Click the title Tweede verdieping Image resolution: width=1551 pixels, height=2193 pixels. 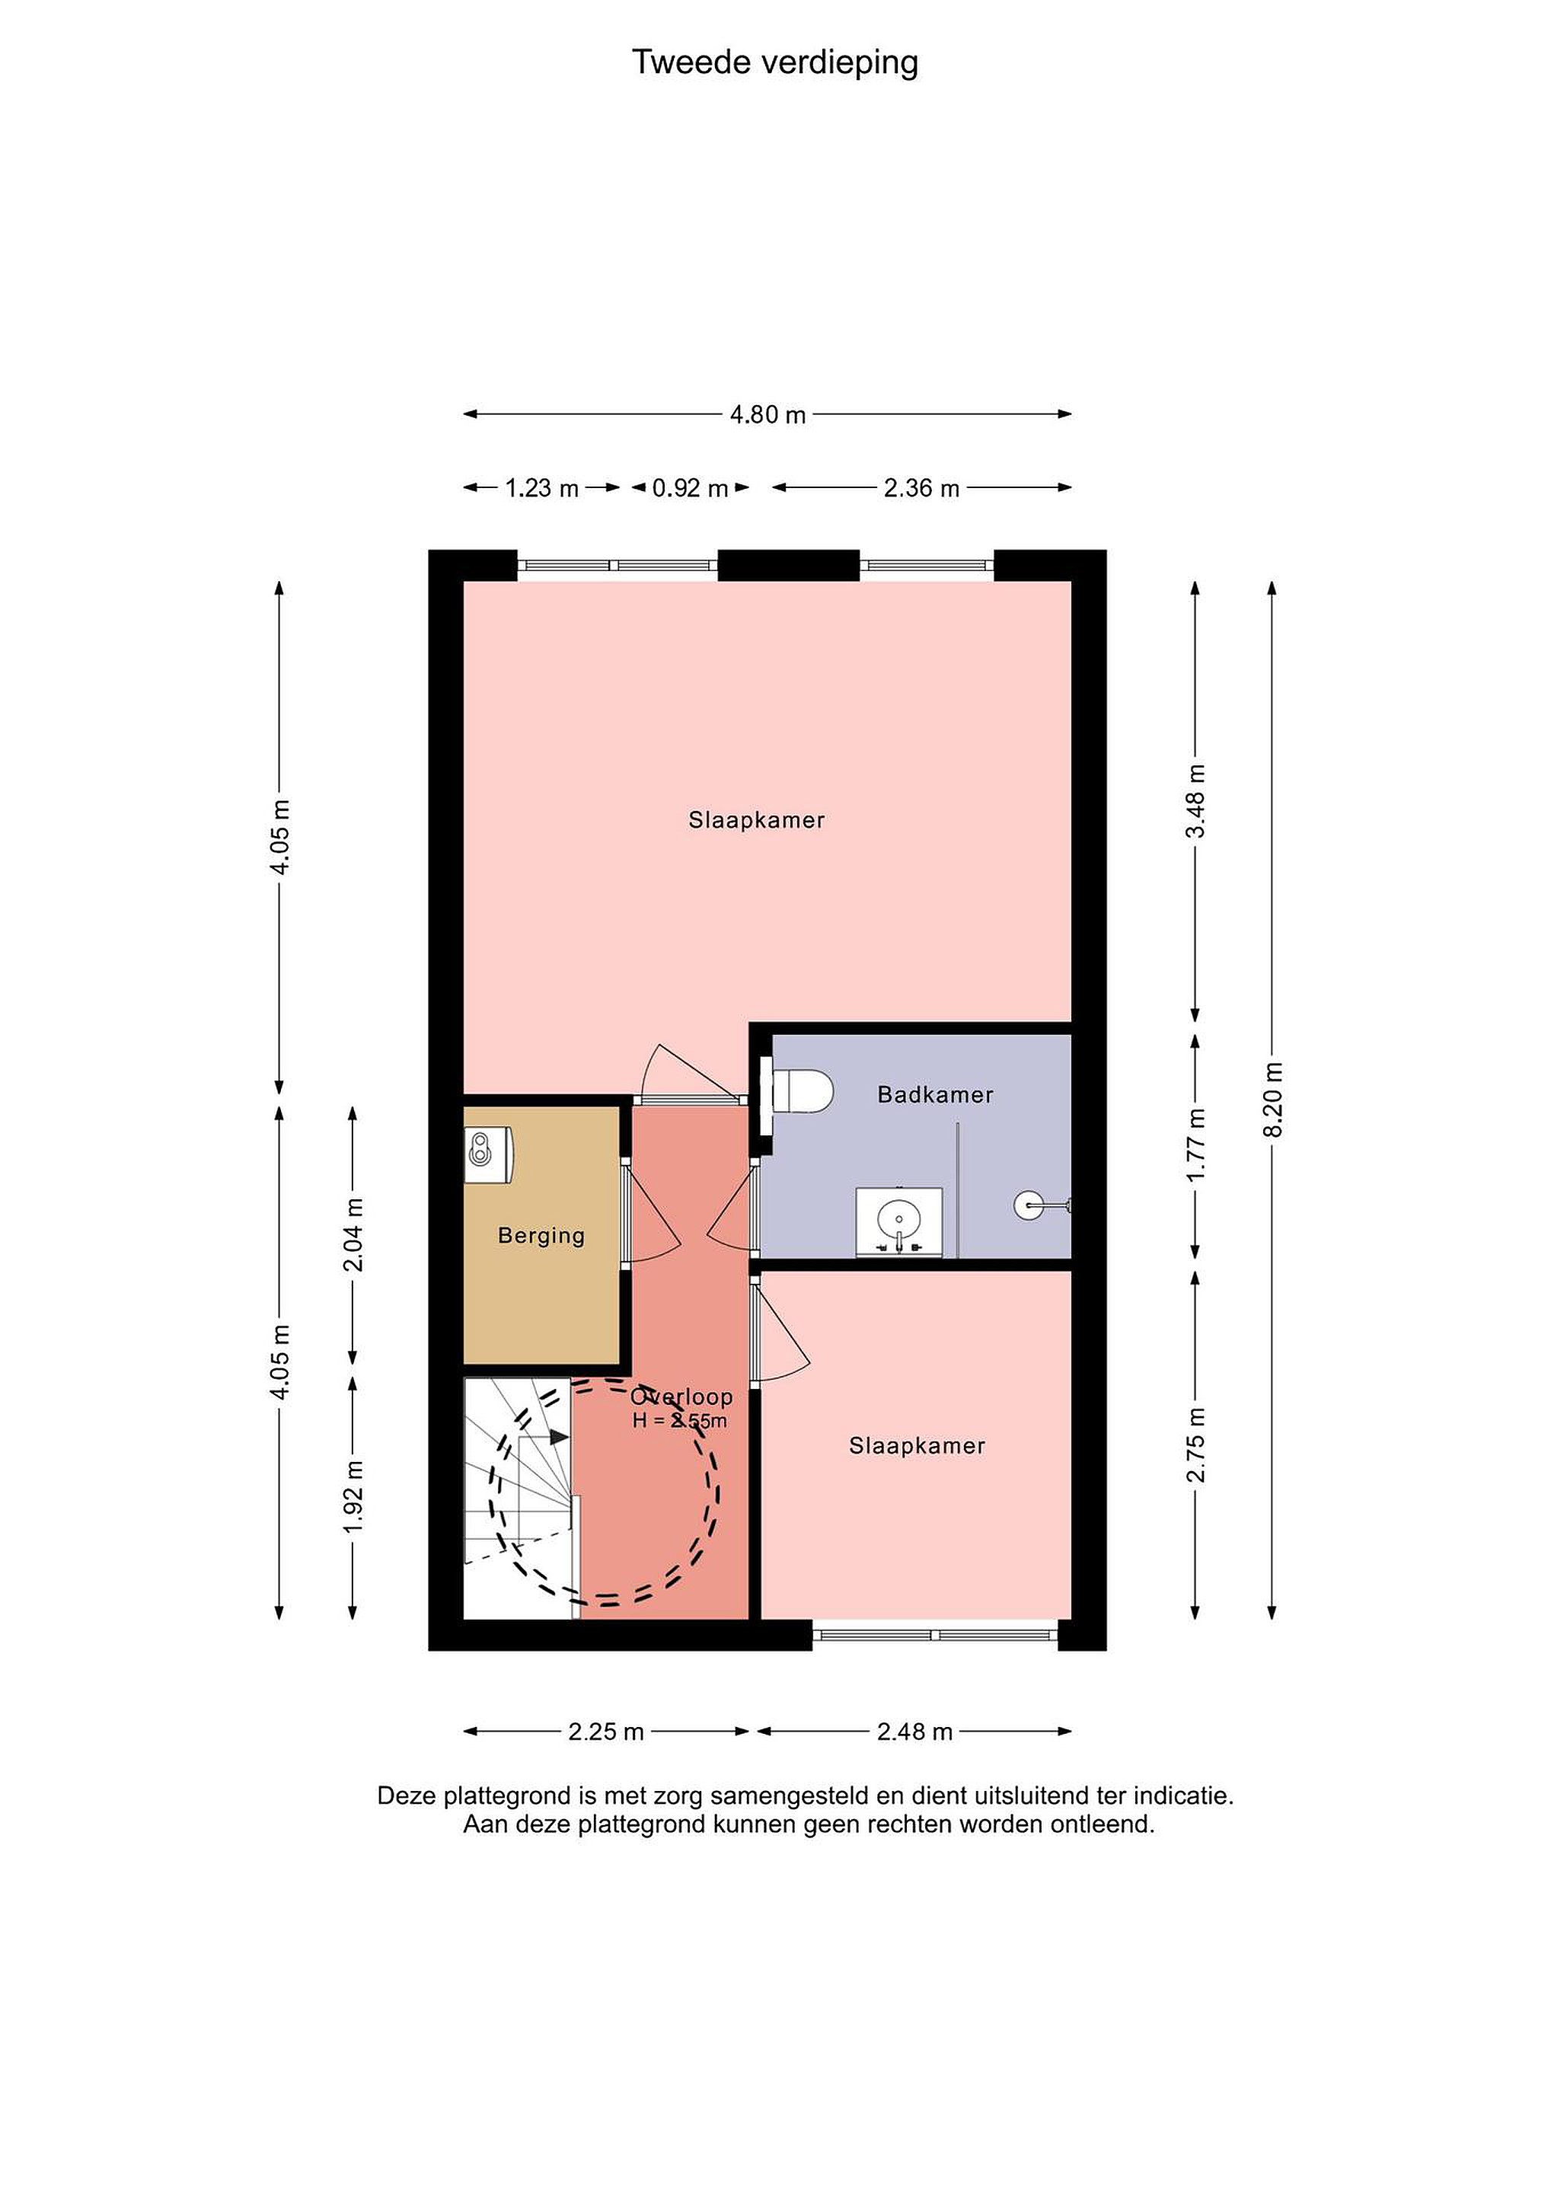tap(774, 63)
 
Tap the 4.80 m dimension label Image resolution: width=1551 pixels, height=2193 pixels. tap(768, 414)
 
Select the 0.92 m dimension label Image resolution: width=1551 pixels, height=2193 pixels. tap(690, 488)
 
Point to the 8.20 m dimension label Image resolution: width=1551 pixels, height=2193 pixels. tap(1272, 1100)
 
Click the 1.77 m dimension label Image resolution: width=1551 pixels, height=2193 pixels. tap(1195, 1144)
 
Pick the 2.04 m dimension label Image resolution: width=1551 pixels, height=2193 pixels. tap(353, 1235)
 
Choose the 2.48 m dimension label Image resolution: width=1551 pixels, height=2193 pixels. tap(915, 1732)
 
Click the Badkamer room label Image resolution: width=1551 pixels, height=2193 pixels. tap(935, 1094)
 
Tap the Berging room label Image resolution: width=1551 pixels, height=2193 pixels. tap(541, 1236)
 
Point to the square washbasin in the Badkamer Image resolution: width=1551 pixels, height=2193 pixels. tap(898, 1221)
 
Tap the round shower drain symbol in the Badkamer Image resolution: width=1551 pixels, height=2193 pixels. tap(1029, 1205)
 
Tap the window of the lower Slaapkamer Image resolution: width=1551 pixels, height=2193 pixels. tap(936, 1635)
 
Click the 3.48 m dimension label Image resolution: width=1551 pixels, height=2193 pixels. tap(1195, 801)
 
